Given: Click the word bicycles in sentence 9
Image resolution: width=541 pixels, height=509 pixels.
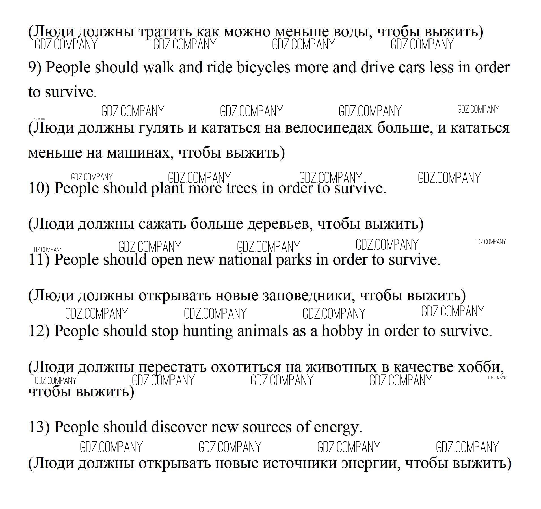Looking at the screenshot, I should pyautogui.click(x=263, y=68).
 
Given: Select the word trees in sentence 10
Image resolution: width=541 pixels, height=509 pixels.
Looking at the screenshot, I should pyautogui.click(x=242, y=188).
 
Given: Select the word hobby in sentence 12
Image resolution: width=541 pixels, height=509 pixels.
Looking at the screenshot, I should pyautogui.click(x=342, y=331).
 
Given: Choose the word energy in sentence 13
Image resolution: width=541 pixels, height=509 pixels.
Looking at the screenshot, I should pyautogui.click(x=338, y=428).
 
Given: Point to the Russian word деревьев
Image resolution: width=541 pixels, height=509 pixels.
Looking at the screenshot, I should pyautogui.click(x=280, y=224).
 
